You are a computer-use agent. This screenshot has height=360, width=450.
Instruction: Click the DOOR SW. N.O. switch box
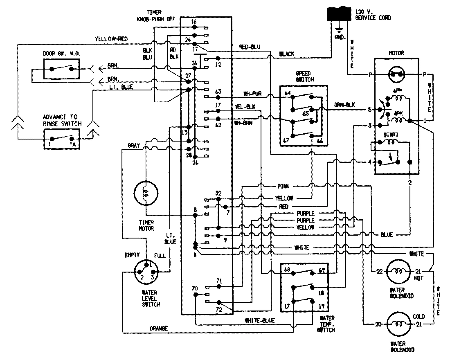tap(61, 69)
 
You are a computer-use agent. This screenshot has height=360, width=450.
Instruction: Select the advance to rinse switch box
tap(61, 139)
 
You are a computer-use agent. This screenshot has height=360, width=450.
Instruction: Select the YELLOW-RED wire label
tap(111, 39)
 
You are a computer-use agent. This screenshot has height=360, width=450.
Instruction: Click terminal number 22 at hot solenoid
tap(379, 272)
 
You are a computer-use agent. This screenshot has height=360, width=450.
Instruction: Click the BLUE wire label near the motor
tap(386, 234)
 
